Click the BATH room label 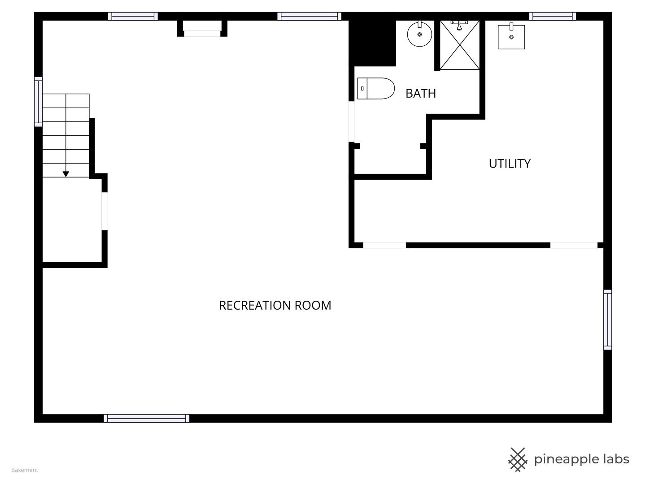[420, 94]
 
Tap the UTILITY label [510, 164]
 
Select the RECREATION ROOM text [275, 305]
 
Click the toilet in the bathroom [376, 88]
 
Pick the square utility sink [511, 36]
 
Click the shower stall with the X [460, 45]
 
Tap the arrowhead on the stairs [65, 174]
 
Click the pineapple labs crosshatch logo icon [518, 460]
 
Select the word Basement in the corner [25, 470]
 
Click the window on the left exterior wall [38, 102]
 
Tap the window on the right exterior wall [607, 320]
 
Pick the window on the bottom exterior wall [147, 418]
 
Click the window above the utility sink [552, 16]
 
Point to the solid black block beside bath [372, 43]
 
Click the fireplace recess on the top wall [202, 28]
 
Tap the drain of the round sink [419, 35]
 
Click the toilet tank [362, 88]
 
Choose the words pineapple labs [581, 460]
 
